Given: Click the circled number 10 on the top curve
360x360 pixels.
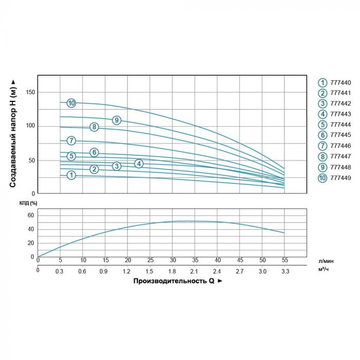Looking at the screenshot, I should pyautogui.click(x=71, y=103).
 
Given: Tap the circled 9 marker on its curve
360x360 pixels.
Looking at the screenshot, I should pyautogui.click(x=117, y=120).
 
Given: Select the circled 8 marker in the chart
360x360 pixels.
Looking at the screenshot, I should pyautogui.click(x=94, y=127).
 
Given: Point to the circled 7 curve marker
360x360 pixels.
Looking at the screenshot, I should pyautogui.click(x=71, y=140).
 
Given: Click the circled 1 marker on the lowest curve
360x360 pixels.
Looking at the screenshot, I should pyautogui.click(x=71, y=175).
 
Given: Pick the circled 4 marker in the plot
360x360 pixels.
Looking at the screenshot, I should pyautogui.click(x=139, y=164).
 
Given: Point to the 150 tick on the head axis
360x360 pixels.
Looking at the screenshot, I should pyautogui.click(x=30, y=92).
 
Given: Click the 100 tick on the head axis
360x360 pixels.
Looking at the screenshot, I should pyautogui.click(x=30, y=126).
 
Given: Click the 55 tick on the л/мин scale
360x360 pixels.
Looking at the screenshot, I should pyautogui.click(x=284, y=260).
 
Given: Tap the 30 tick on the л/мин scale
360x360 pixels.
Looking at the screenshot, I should pyautogui.click(x=172, y=260).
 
